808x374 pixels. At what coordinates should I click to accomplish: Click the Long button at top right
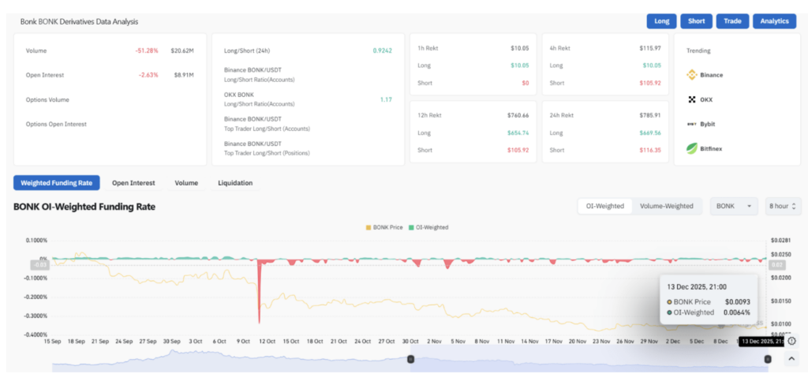(x=661, y=21)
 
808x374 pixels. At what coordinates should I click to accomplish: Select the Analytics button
(x=774, y=21)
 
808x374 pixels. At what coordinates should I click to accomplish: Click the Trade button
(x=732, y=21)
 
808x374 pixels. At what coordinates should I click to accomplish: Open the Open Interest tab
(x=133, y=183)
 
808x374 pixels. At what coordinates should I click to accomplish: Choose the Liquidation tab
(x=235, y=183)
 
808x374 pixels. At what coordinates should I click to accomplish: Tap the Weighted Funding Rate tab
(x=57, y=183)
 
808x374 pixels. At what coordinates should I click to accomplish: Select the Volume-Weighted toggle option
(x=667, y=206)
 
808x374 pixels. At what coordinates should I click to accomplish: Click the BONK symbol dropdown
(x=734, y=206)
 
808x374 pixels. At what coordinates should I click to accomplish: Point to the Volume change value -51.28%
(x=147, y=50)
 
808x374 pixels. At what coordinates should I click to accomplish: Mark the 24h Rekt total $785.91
(x=651, y=115)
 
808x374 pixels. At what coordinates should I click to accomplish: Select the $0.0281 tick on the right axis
(x=780, y=241)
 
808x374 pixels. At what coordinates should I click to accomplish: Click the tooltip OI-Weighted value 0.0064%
(x=735, y=312)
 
